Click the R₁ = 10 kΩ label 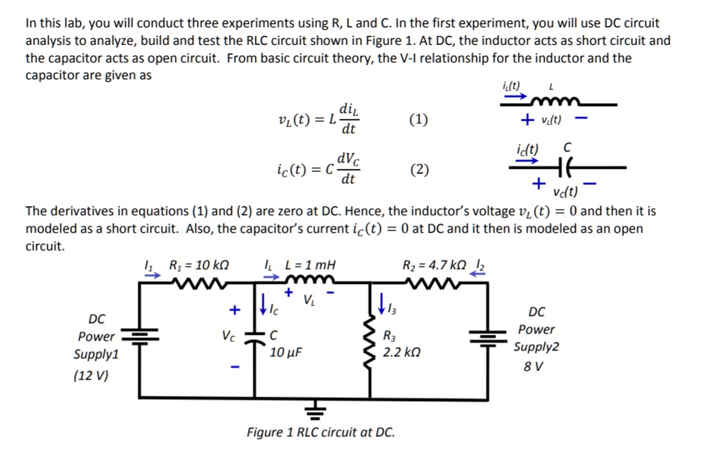(199, 265)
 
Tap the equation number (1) (418, 120)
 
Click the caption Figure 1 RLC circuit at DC (321, 433)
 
